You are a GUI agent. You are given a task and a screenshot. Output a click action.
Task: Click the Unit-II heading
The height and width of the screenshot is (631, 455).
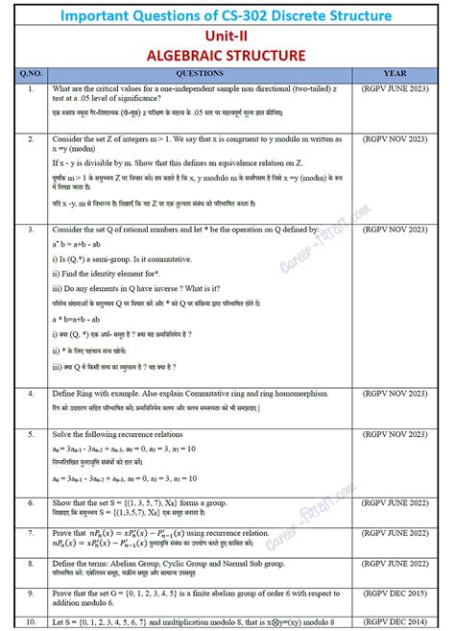227,36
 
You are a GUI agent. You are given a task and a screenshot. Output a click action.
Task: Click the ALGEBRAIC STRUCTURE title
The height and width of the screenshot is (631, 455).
227,55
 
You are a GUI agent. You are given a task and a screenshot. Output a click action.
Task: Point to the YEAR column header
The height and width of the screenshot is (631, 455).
395,73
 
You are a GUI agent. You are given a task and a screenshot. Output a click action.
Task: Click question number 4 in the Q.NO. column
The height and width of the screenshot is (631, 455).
32,395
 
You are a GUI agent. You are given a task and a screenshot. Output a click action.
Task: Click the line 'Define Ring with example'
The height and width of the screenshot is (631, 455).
182,395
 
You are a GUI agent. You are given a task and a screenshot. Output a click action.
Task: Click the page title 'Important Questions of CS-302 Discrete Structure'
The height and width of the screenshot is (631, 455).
227,15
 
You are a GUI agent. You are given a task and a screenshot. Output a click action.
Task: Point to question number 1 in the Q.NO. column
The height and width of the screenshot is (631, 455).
32,89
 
